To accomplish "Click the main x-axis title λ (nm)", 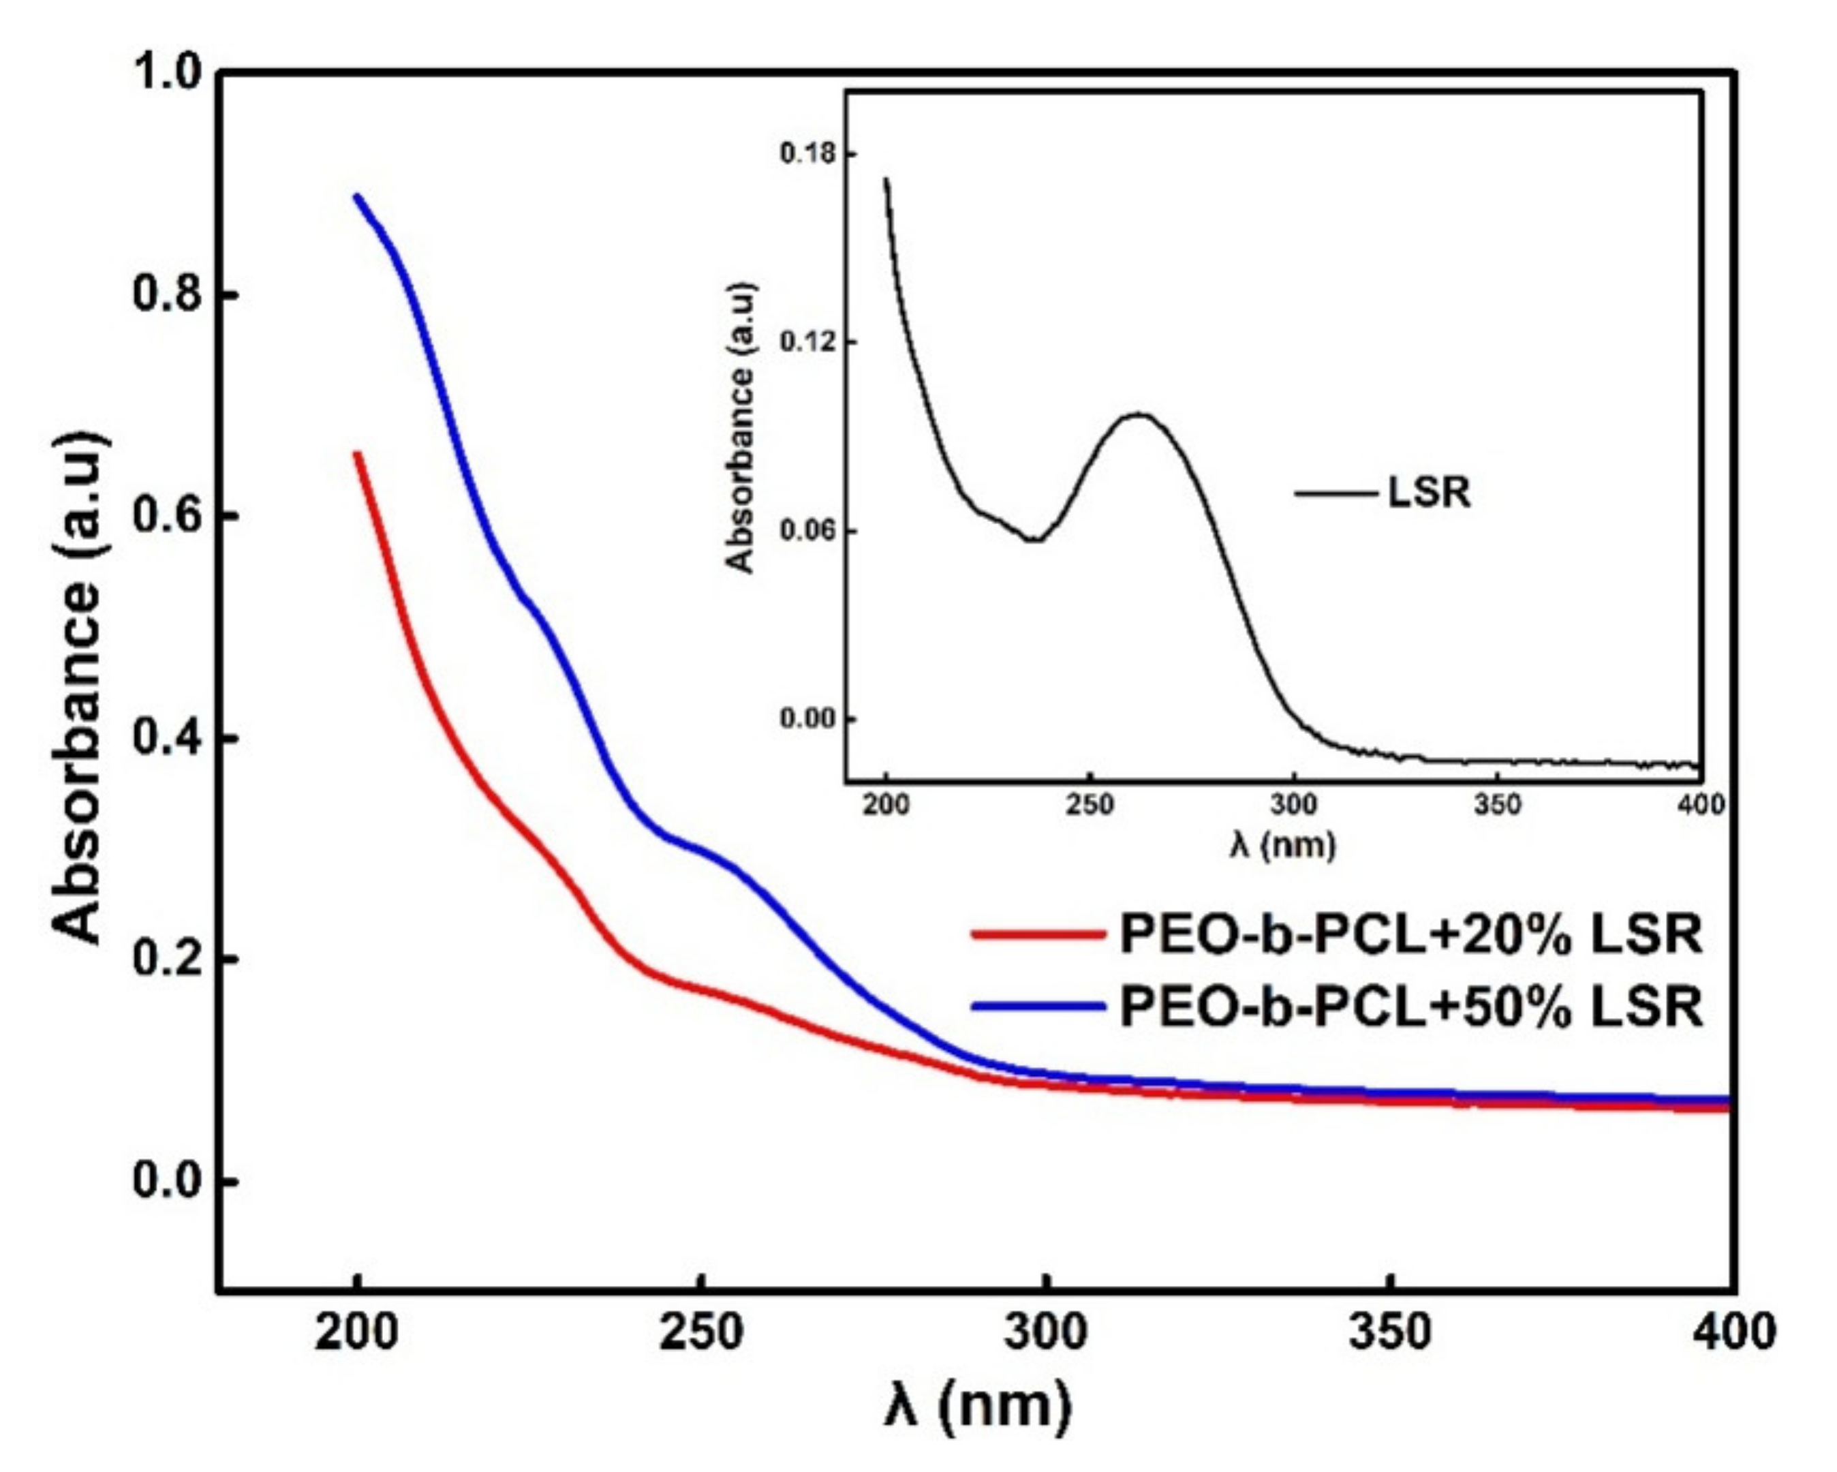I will point(976,1404).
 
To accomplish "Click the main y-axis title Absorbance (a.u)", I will point(78,687).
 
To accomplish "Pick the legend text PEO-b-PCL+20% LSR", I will point(1410,934).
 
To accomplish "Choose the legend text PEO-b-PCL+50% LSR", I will point(1410,1007).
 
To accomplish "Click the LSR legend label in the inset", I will point(1429,493).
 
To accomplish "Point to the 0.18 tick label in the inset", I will point(807,154).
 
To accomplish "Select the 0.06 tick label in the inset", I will point(807,531).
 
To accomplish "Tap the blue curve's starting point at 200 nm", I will point(358,197).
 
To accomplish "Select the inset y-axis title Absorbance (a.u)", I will point(741,428).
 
